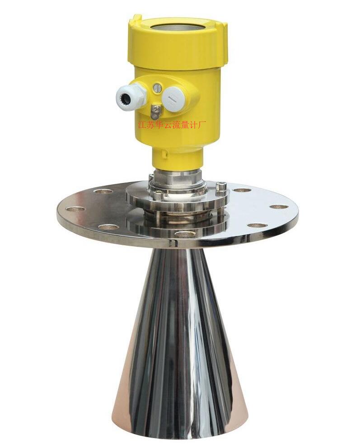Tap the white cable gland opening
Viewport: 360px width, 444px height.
click(x=125, y=99)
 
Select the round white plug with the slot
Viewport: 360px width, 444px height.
click(x=173, y=98)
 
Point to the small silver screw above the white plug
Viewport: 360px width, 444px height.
click(x=157, y=88)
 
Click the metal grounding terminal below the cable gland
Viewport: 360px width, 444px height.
click(x=155, y=112)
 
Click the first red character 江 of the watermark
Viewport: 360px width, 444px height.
click(x=141, y=125)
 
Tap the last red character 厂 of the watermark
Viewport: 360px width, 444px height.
click(x=204, y=124)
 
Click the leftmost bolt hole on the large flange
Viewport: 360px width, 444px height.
click(x=75, y=209)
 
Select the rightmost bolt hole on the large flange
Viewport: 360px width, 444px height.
click(x=279, y=206)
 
